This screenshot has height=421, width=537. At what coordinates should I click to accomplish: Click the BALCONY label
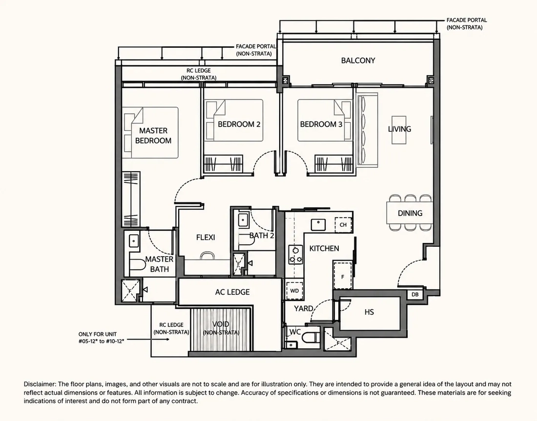pyautogui.click(x=358, y=60)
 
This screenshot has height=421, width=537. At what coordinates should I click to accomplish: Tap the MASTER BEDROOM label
pyautogui.click(x=153, y=136)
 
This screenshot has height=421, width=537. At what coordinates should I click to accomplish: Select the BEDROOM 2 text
pyautogui.click(x=239, y=124)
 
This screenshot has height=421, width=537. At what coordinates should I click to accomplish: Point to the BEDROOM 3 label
pyautogui.click(x=321, y=124)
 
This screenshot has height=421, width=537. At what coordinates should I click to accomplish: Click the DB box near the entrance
pyautogui.click(x=415, y=294)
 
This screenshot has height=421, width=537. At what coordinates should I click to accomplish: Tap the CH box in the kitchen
pyautogui.click(x=343, y=225)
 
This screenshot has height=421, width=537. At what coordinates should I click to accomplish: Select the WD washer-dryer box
pyautogui.click(x=294, y=291)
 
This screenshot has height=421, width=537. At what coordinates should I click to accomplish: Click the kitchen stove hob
pyautogui.click(x=295, y=255)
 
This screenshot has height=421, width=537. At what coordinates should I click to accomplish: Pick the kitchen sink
pyautogui.click(x=318, y=225)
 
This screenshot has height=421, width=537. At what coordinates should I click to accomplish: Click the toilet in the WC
pyautogui.click(x=310, y=337)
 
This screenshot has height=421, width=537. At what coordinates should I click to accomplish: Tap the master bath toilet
pyautogui.click(x=138, y=264)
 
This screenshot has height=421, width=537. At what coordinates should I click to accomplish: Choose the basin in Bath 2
pyautogui.click(x=243, y=220)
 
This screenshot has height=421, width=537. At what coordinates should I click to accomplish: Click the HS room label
pyautogui.click(x=369, y=312)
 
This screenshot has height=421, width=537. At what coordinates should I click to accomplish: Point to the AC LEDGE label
pyautogui.click(x=232, y=292)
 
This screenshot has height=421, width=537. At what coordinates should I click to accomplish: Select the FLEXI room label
pyautogui.click(x=206, y=237)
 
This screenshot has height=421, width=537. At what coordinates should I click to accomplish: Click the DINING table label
pyautogui.click(x=410, y=213)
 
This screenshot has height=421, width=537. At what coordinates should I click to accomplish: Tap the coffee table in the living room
pyautogui.click(x=399, y=130)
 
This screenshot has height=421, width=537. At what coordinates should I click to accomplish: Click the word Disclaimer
pyautogui.click(x=39, y=384)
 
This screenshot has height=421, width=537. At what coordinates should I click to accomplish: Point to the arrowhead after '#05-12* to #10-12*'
pyautogui.click(x=167, y=339)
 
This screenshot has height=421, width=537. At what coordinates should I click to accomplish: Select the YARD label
pyautogui.click(x=304, y=308)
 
